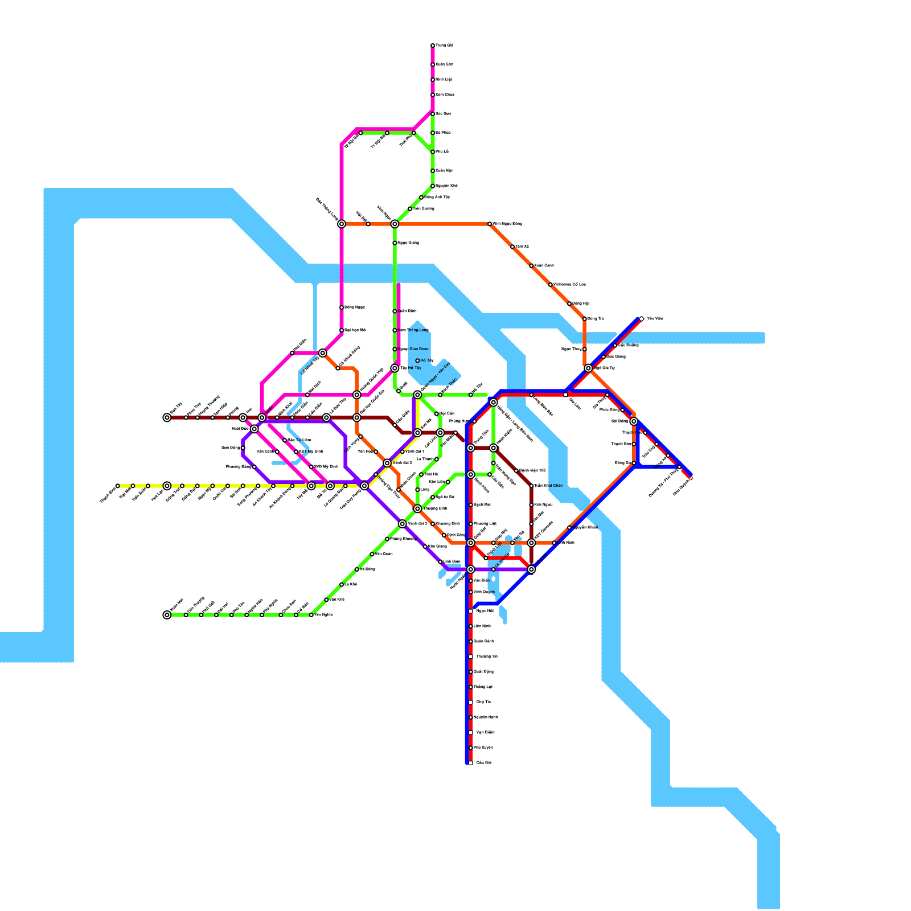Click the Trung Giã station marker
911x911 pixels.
pos(433,46)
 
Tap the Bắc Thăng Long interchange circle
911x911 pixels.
pos(342,224)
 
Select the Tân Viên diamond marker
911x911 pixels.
pos(642,319)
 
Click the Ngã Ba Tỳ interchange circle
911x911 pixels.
pos(588,368)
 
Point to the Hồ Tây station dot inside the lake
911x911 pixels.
pos(417,360)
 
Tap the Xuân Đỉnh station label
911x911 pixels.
pos(408,311)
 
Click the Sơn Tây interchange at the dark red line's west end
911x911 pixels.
pos(167,417)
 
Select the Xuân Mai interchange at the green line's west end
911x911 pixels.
pos(167,615)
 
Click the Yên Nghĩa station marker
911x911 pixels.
pos(311,615)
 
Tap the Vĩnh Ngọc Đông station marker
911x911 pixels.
pos(490,224)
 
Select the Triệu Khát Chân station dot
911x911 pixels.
pos(531,486)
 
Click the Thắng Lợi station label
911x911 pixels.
pos(483,687)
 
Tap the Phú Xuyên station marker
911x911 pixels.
pos(471,748)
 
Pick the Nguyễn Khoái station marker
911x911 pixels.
pos(569,528)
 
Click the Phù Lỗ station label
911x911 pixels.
pos(442,151)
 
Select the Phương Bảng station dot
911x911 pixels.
pos(255,467)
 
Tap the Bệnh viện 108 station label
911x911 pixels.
pos(532,470)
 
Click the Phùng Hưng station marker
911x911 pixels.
pos(474,421)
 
